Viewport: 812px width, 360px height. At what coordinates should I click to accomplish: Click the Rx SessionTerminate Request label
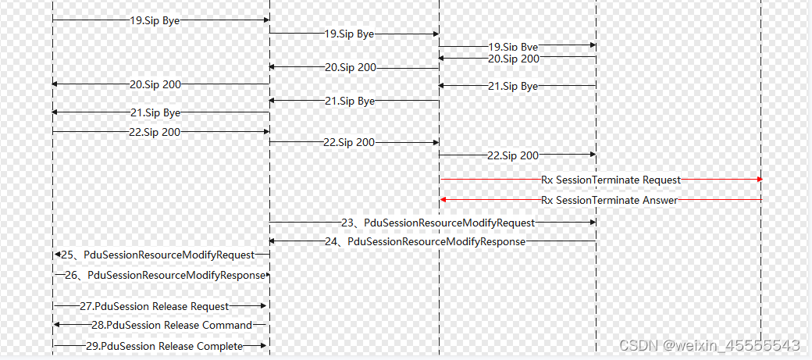click(611, 180)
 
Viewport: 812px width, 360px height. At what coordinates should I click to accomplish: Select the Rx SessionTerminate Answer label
click(609, 200)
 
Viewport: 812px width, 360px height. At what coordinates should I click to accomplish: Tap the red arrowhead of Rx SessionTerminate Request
click(759, 180)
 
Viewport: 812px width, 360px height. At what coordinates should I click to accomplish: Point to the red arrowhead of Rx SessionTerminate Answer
click(443, 200)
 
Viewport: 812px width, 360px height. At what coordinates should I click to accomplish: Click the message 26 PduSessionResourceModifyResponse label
click(165, 275)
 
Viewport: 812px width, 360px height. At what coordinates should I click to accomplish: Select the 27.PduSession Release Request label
click(155, 306)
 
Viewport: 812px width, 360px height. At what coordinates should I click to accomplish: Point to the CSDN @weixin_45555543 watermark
click(709, 345)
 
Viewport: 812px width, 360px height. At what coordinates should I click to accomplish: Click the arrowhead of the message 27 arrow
click(265, 306)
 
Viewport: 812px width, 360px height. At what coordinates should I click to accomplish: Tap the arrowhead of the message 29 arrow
click(265, 346)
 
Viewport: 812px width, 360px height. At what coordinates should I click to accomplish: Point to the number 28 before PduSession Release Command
click(97, 325)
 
